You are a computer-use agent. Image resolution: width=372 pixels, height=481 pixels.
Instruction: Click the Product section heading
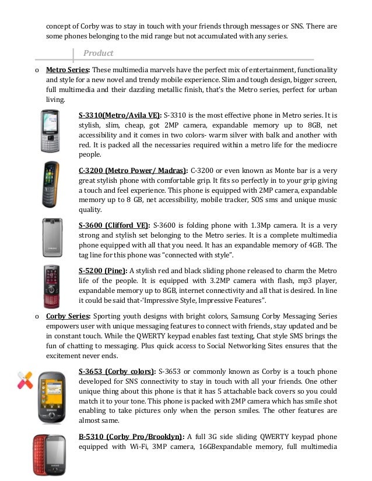[98, 53]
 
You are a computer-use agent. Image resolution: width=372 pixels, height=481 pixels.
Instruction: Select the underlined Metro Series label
[66, 70]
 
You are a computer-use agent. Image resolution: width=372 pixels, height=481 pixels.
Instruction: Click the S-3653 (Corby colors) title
[117, 371]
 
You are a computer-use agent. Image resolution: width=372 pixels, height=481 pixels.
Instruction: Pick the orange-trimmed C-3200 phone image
[51, 185]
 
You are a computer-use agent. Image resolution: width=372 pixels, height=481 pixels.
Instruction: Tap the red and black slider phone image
[52, 285]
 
